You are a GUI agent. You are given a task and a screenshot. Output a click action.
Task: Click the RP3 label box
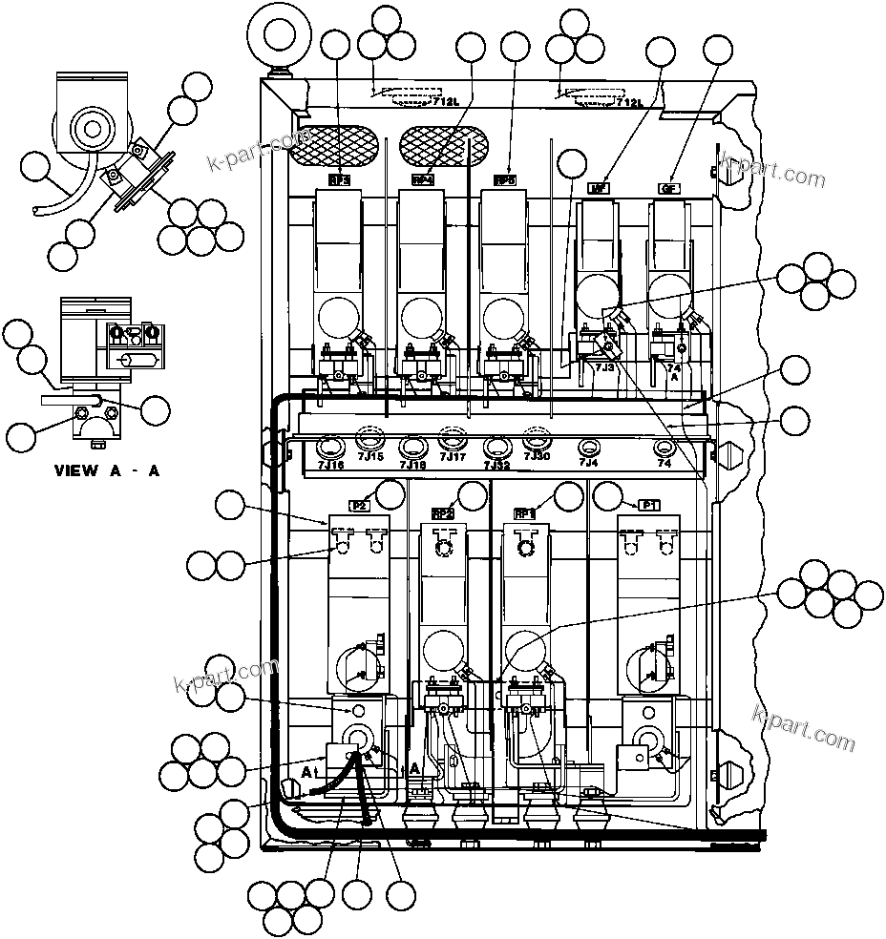click(338, 178)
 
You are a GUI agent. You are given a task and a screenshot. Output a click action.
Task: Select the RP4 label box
click(422, 178)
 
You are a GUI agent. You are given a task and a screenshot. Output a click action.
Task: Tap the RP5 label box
click(505, 179)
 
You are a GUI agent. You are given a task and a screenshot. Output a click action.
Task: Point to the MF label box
click(599, 188)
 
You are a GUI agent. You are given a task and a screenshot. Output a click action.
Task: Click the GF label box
click(668, 188)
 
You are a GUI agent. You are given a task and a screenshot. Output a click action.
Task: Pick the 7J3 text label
click(603, 365)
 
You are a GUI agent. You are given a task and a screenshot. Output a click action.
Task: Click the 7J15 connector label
click(370, 457)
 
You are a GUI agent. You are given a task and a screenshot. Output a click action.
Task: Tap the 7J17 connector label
click(453, 457)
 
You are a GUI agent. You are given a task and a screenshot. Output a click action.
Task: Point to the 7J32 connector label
click(496, 465)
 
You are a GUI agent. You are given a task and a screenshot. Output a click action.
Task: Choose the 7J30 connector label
click(538, 457)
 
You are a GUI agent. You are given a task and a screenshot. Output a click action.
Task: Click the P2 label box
click(359, 506)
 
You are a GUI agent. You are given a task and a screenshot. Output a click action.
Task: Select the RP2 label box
click(442, 512)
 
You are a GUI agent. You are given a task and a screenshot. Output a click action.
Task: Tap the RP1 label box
click(525, 512)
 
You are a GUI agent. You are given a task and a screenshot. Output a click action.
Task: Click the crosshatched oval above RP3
click(339, 144)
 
